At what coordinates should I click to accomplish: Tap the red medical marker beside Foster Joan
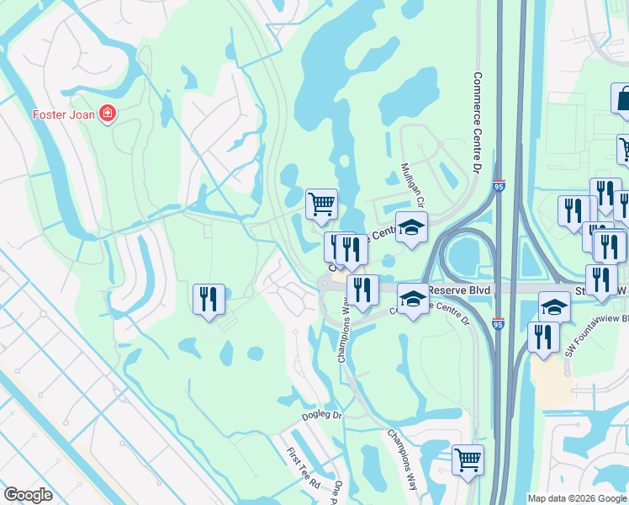coord(108,114)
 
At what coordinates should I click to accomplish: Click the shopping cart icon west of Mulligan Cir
coord(321,204)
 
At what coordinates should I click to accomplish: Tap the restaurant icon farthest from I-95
coord(209,299)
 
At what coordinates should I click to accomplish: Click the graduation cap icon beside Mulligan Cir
coord(411,227)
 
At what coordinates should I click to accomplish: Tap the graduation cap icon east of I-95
coord(554,306)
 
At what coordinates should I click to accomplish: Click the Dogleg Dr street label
coord(323,416)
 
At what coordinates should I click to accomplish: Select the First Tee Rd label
coord(304,470)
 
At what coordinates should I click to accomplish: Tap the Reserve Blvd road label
coord(459,290)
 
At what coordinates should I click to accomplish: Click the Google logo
coord(29,495)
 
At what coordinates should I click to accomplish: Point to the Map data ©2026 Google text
coord(577,498)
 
